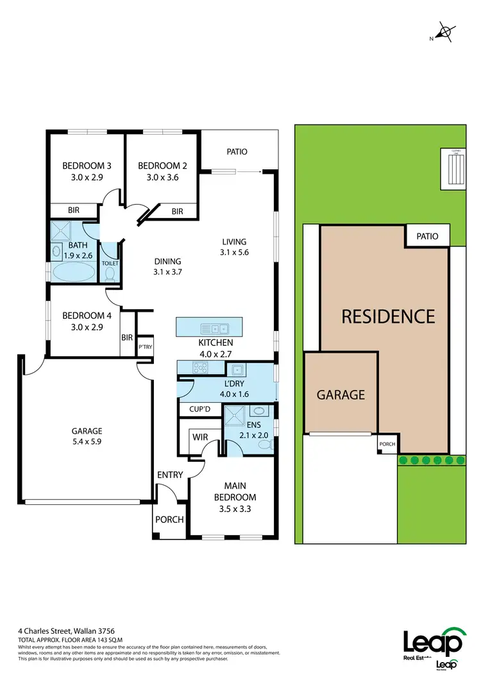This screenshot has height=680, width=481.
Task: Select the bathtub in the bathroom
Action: click(x=72, y=271)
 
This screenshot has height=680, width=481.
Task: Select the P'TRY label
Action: click(x=144, y=346)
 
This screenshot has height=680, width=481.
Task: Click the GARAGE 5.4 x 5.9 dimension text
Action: click(x=87, y=441)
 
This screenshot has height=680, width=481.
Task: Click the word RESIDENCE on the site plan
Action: click(x=387, y=316)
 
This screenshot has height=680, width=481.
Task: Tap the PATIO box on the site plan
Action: click(x=427, y=236)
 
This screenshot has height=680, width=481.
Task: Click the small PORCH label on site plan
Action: click(x=387, y=444)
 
